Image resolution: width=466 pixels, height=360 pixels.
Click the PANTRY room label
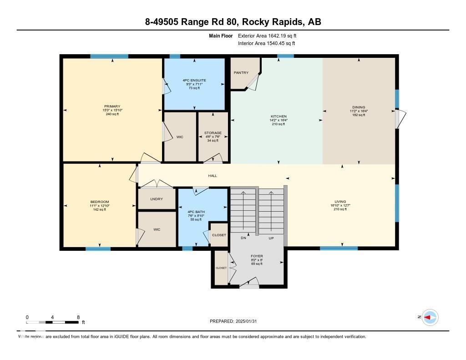(241, 73)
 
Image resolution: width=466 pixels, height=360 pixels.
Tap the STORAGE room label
(213, 133)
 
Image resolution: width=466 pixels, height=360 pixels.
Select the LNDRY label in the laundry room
(157, 199)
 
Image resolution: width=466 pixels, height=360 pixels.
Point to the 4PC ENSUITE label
(194, 80)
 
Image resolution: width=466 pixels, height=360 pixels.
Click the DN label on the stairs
(244, 238)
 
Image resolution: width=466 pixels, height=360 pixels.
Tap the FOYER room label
(257, 256)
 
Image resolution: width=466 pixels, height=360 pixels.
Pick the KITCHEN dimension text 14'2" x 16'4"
(278, 120)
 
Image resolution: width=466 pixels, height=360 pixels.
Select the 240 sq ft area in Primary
(112, 114)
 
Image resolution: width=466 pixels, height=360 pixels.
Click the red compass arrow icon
(430, 317)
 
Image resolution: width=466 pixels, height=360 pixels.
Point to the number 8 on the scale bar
(78, 317)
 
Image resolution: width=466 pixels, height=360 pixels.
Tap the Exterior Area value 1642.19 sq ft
(268, 35)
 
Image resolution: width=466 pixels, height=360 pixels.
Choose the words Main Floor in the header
(221, 35)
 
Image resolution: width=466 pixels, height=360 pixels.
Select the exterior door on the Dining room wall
(399, 119)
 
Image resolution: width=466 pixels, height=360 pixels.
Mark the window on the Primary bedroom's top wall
(109, 56)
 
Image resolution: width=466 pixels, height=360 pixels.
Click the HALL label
(213, 176)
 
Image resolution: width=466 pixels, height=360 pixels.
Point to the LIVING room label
(340, 202)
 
